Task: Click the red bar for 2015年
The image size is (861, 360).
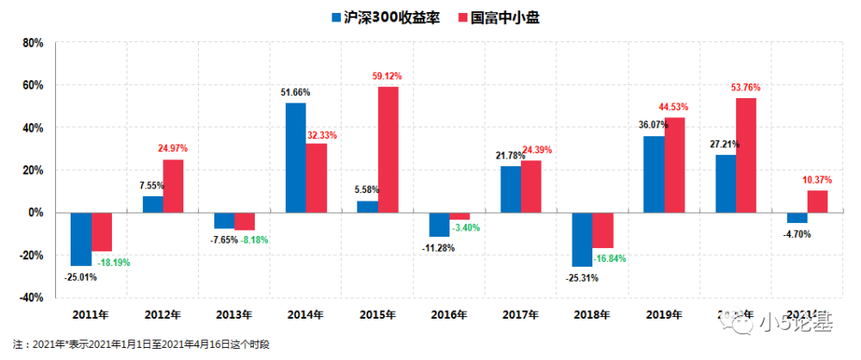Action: coord(388,149)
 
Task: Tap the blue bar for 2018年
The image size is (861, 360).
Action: coord(582,239)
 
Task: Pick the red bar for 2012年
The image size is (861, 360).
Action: coord(173,185)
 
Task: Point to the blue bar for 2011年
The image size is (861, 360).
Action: coord(81,239)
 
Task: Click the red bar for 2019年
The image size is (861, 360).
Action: coord(675,164)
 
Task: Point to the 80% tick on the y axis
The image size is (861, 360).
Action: coord(31,42)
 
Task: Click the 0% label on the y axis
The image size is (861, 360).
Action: coord(36,212)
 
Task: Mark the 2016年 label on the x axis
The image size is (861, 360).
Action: coord(450,315)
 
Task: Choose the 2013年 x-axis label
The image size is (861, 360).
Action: coord(234,315)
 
